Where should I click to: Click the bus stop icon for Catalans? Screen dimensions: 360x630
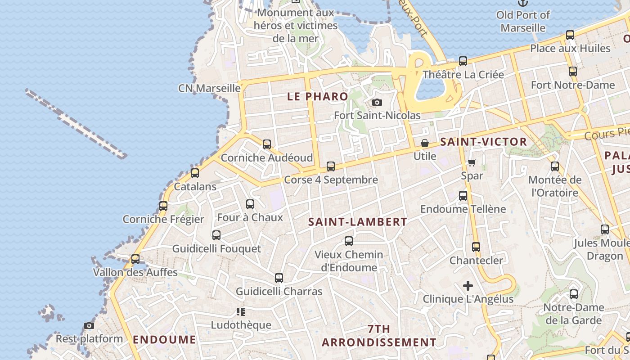[195, 173]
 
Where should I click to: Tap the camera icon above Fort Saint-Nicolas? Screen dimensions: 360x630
[377, 103]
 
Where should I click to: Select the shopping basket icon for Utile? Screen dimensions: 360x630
[424, 143]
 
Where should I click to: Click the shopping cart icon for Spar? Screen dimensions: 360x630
[472, 162]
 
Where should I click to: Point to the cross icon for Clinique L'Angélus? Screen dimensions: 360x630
[468, 285]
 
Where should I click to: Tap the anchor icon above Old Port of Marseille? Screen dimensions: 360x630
[522, 3]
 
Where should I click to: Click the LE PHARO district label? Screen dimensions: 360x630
[318, 97]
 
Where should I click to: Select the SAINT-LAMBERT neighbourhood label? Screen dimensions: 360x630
[358, 222]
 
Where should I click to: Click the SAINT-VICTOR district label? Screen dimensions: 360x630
[483, 142]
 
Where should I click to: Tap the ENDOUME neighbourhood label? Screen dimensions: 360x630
[165, 340]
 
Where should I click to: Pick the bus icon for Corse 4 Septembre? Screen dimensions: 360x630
[331, 166]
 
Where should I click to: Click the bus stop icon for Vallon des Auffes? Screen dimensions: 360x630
[135, 259]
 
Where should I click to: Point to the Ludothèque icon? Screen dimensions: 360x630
[240, 311]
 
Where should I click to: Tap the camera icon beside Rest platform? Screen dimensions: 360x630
[89, 325]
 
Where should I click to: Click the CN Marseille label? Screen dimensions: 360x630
[209, 88]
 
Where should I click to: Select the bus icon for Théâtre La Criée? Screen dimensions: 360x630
[463, 61]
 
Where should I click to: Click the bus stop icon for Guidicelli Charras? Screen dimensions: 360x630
[279, 278]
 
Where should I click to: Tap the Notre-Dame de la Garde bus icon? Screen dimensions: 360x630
[574, 294]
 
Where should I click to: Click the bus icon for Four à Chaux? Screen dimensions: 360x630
[250, 204]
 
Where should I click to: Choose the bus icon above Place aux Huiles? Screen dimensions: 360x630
[570, 35]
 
